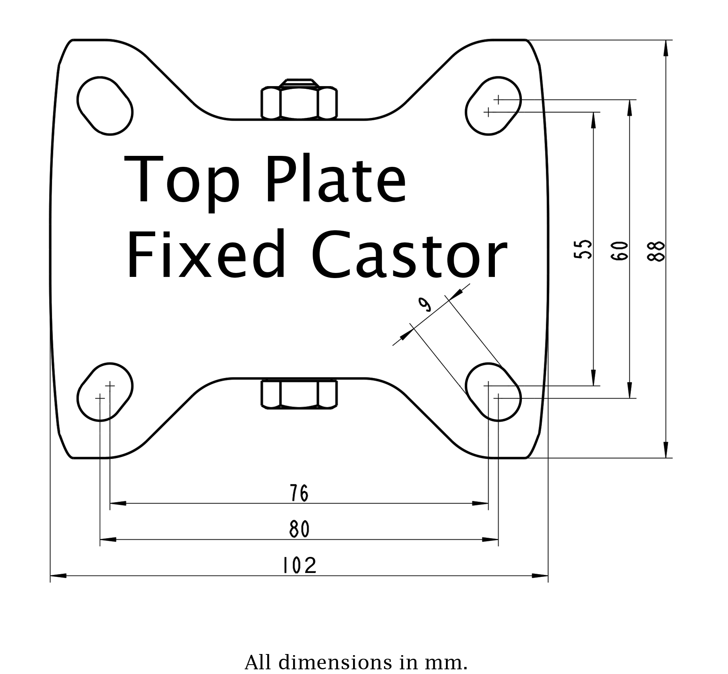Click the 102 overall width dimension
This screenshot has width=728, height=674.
299,566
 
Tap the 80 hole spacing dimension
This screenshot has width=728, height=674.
299,529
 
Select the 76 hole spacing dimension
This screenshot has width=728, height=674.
299,493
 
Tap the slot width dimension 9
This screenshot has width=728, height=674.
425,304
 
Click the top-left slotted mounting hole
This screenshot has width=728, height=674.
105,106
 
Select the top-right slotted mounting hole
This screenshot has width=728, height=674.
493,106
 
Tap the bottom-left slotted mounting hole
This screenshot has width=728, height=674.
105,392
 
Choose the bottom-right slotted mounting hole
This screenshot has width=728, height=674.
493,392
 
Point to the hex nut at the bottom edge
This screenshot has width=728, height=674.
299,394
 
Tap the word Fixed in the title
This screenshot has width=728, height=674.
206,255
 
